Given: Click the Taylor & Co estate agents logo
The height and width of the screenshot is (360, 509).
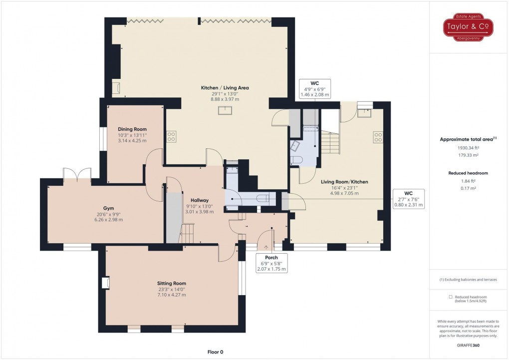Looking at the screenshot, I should pos(469,28).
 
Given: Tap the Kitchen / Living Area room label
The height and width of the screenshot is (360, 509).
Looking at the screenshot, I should pos(225,88).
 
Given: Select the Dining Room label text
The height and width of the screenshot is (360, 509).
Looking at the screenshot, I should pos(132,129).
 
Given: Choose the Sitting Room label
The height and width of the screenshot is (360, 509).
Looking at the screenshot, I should pos(171,284).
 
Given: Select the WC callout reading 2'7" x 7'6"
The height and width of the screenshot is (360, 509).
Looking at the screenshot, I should pos(408,199).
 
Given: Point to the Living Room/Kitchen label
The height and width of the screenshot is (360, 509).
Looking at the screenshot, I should pos(344,182).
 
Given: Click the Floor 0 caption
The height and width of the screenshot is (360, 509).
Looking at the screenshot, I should pos(215,352).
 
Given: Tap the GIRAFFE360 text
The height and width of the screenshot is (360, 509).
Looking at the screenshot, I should pos(469,345).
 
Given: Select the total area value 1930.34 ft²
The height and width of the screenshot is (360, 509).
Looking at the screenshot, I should pos(469,147).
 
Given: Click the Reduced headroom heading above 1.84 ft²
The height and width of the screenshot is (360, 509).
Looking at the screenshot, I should pos(469,173).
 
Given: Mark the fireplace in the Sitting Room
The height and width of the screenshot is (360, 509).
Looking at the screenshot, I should pos(105,283).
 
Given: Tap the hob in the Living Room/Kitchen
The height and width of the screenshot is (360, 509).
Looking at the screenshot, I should pos(378,137).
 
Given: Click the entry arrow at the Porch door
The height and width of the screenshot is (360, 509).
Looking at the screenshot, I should pos(266,246).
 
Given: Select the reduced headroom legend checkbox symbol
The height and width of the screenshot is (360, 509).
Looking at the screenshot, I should pos(451,297).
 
